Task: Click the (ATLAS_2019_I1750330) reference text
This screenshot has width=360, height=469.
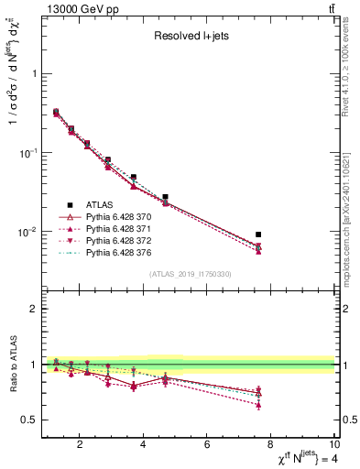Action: click(x=189, y=274)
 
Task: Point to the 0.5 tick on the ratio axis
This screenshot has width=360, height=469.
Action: click(x=31, y=420)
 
